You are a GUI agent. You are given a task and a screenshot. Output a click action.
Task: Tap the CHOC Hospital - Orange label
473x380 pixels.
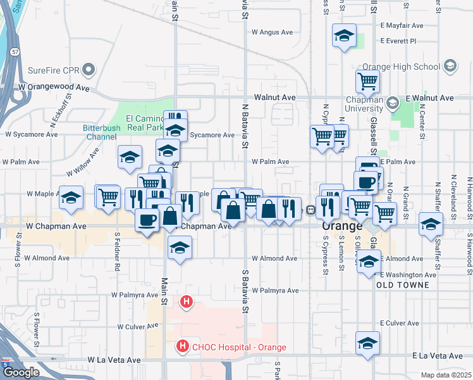coord(239,347)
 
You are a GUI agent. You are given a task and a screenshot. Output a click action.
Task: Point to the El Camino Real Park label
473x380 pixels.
coord(145,122)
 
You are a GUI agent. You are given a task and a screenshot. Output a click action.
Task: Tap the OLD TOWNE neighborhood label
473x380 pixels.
coord(403,285)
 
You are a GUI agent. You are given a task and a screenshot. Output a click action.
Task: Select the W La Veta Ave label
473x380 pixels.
coord(114,360)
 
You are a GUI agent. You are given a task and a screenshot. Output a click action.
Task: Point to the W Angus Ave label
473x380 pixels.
coord(273,32)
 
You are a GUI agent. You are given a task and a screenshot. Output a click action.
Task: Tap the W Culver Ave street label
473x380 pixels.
coord(137,327)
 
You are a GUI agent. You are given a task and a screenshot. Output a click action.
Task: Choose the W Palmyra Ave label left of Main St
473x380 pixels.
coord(135,295)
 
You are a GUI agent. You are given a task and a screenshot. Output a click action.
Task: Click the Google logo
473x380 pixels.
coord(21,372)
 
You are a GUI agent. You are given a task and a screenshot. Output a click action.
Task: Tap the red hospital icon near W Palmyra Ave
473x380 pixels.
coord(186,302)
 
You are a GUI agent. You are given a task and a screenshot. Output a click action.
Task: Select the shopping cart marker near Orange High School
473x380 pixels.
coord(367,80)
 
